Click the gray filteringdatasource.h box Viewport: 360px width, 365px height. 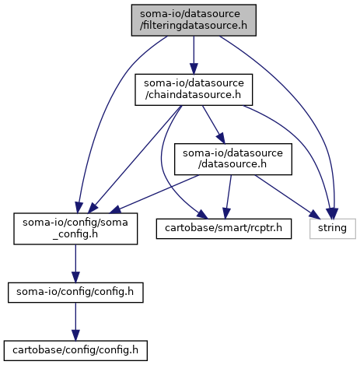[194, 20]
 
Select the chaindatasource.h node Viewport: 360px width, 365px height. [194, 89]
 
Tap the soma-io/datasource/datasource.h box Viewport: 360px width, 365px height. [233, 159]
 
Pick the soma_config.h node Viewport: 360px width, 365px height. [75, 229]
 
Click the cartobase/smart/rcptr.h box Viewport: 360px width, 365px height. [224, 229]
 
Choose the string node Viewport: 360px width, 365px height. [333, 229]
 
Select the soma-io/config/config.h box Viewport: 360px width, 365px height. [75, 293]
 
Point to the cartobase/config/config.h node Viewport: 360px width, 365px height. [75, 350]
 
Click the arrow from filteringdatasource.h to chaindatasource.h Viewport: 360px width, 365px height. [194, 55]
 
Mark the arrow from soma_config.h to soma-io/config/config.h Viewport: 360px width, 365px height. [75, 263]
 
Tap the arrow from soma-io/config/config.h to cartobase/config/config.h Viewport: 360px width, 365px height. [75, 321]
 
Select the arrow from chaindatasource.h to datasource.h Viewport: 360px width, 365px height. [214, 125]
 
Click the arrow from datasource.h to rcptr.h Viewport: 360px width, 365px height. [229, 197]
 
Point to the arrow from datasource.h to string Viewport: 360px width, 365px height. [287, 197]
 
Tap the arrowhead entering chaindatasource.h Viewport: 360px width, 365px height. [194, 68]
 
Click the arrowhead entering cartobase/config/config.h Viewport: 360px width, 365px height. [75, 335]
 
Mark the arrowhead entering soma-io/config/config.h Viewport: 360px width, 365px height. [75, 277]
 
